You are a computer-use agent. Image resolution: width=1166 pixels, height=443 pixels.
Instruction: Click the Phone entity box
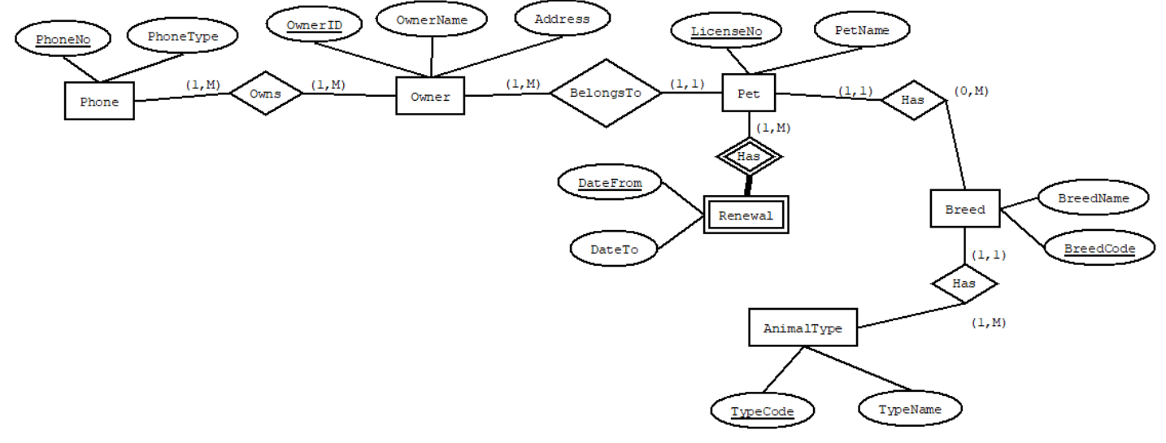click(x=98, y=102)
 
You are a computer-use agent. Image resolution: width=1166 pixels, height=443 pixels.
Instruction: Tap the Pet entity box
click(x=748, y=93)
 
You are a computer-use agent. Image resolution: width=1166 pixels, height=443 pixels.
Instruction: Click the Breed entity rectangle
click(x=964, y=209)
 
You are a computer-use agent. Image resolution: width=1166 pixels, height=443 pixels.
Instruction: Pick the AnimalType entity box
click(x=802, y=329)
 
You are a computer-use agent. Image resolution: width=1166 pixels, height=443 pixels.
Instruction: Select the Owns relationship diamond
click(x=266, y=94)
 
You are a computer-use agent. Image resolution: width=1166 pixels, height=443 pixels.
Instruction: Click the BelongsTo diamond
click(x=605, y=93)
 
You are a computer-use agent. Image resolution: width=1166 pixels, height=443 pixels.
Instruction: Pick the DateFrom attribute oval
click(x=609, y=184)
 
